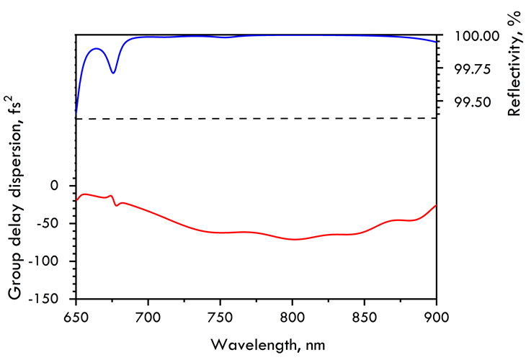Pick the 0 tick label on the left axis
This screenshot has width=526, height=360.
coord(53,186)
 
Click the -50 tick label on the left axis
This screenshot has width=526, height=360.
coord(47,223)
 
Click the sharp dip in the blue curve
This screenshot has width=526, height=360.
coord(113,73)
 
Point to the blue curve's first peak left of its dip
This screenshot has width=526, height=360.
coord(97,48)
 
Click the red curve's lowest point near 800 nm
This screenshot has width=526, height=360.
coord(294,239)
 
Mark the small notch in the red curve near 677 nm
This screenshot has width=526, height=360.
coord(116,206)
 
